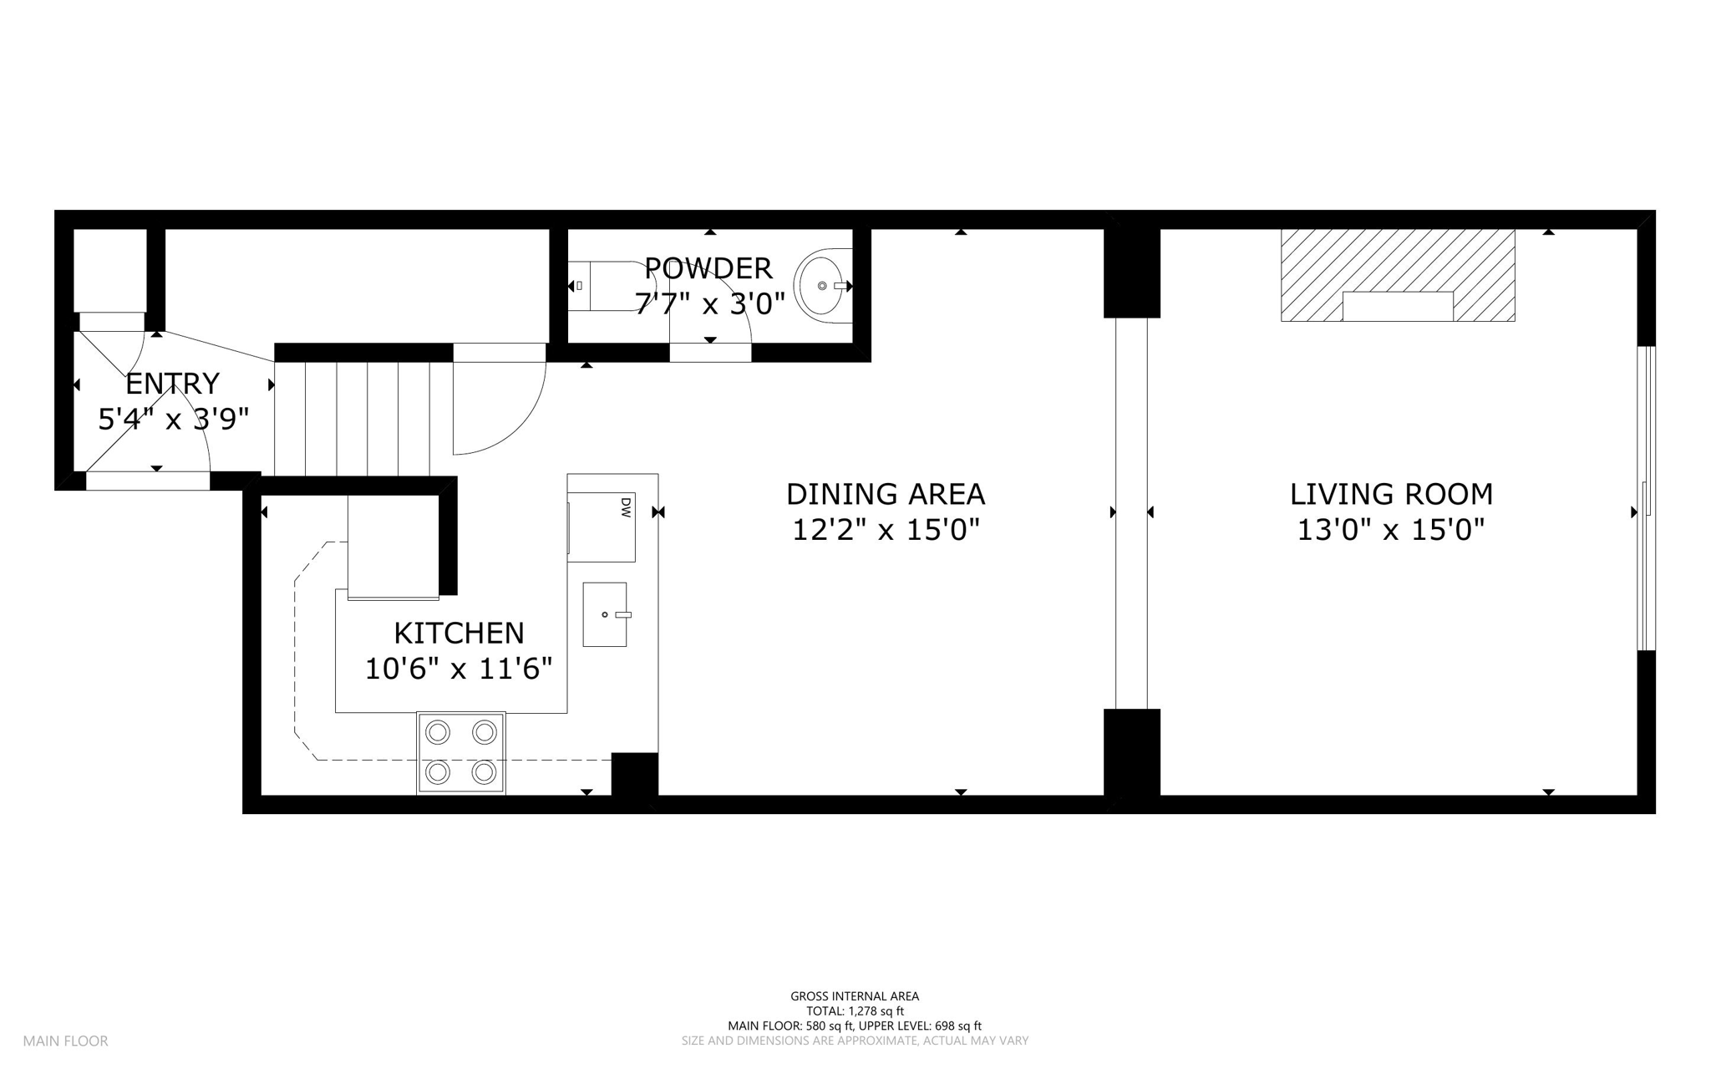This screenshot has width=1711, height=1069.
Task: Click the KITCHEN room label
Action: click(459, 634)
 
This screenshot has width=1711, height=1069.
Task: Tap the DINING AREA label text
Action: click(886, 495)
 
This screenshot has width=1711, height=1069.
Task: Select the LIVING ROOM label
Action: click(1391, 495)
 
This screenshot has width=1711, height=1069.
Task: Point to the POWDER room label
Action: click(708, 268)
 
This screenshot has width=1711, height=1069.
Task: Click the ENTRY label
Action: click(172, 384)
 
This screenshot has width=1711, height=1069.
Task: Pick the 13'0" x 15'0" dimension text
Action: click(1391, 530)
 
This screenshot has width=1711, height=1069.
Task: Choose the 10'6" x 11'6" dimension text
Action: click(459, 669)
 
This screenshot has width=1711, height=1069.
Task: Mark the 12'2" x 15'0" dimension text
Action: click(886, 530)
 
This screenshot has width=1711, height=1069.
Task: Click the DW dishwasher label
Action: click(626, 506)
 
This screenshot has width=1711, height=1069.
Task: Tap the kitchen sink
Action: click(605, 614)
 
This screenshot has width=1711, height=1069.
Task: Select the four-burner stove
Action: click(461, 753)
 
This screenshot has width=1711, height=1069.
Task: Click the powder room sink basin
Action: click(822, 286)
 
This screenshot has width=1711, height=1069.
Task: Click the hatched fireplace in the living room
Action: click(1398, 275)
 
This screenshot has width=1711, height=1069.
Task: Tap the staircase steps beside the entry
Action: click(352, 418)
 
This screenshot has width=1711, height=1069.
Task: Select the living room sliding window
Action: click(1646, 498)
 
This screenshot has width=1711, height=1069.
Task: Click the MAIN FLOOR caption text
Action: click(65, 1041)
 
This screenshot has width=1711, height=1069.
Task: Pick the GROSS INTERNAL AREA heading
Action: click(855, 996)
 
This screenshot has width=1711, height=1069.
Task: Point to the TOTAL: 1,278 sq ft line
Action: click(855, 1011)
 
